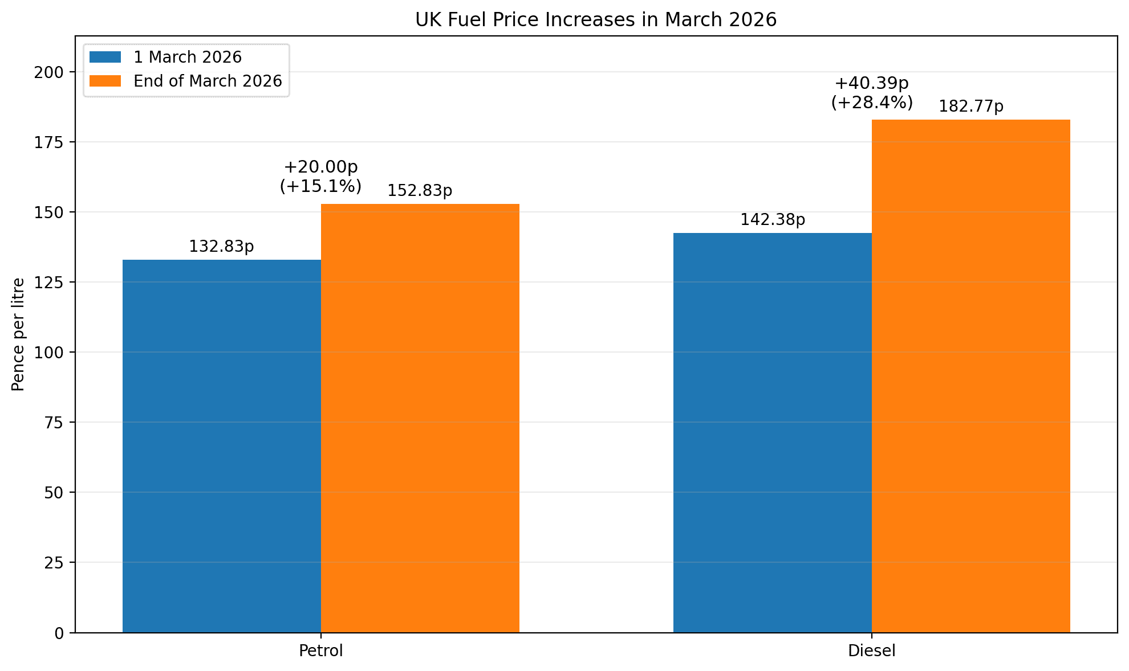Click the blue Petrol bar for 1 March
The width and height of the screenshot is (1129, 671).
click(222, 446)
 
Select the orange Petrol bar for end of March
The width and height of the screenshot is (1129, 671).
click(420, 418)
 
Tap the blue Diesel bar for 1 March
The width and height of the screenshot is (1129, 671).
click(773, 432)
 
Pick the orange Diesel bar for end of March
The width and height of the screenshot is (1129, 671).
click(971, 376)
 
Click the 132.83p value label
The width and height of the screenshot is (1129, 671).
click(221, 247)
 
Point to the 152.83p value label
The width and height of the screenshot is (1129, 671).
click(420, 191)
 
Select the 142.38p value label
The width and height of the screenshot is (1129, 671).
click(773, 220)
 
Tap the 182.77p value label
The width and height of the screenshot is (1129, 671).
click(971, 107)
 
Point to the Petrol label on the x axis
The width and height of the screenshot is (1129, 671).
click(321, 651)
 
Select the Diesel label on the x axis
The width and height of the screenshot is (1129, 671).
click(872, 651)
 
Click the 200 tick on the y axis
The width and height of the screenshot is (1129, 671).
click(56, 72)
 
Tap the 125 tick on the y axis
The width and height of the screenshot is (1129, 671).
click(56, 283)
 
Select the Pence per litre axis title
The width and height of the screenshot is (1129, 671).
click(18, 334)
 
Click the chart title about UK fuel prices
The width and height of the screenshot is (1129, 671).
click(596, 20)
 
